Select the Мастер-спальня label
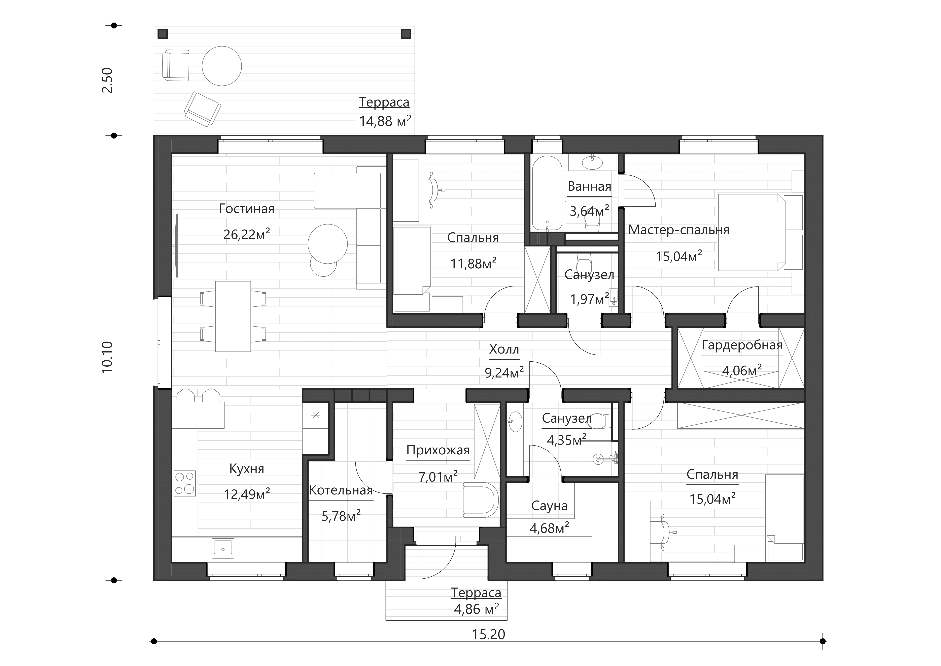[x=679, y=230]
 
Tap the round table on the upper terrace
[x=222, y=66]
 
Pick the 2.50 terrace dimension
[x=107, y=80]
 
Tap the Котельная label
[x=341, y=490]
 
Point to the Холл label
[x=504, y=349]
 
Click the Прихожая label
[x=438, y=450]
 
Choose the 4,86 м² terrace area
[x=476, y=609]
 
